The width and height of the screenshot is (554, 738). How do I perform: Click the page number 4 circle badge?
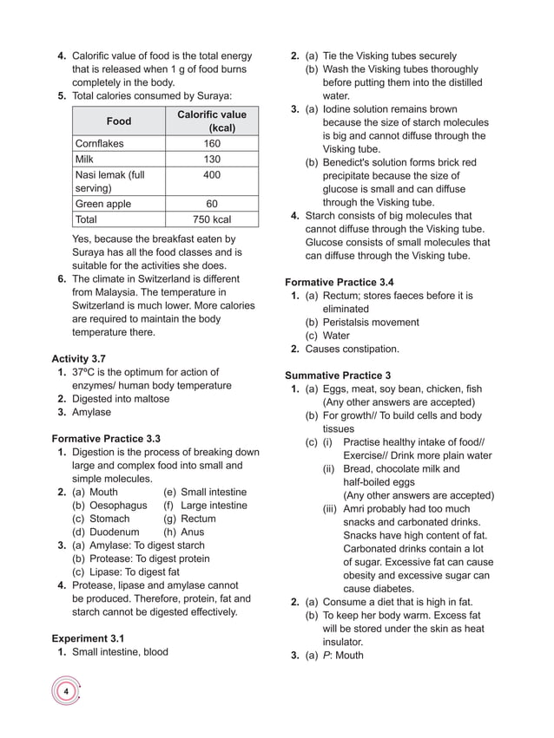point(65,692)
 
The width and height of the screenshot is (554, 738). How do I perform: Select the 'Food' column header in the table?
point(119,121)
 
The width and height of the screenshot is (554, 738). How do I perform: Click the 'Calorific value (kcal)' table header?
point(211,121)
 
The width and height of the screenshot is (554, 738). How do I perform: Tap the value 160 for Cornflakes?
point(211,144)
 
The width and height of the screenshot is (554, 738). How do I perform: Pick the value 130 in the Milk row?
point(211,160)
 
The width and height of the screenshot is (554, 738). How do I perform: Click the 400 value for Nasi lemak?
point(211,175)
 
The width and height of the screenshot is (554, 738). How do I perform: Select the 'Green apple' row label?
point(102,205)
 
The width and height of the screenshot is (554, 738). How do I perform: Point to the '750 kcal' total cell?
point(211,220)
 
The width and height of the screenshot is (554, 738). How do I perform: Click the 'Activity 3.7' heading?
point(79,359)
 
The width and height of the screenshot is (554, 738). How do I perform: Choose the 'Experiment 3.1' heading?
point(91,638)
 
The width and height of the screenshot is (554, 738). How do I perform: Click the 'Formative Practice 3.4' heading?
point(339,283)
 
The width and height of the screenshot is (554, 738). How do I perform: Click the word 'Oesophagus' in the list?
point(118,506)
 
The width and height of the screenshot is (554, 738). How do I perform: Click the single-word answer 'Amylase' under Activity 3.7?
point(91,413)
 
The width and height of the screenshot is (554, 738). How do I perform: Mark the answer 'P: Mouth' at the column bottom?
point(343,656)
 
